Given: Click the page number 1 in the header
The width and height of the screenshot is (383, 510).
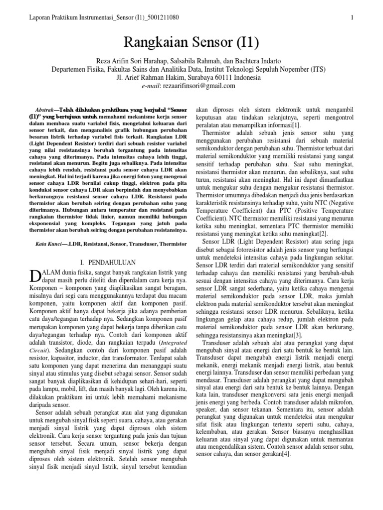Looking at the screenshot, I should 352,18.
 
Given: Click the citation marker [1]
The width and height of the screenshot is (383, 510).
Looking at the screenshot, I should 296,126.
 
